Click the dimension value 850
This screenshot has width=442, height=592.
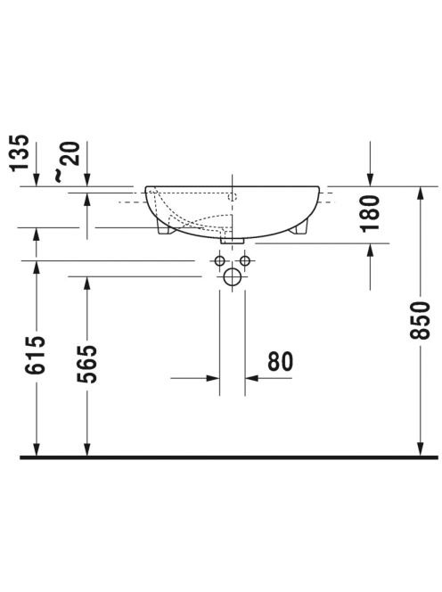point(420,320)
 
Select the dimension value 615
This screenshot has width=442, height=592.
point(36,355)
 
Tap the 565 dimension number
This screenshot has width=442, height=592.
point(87,364)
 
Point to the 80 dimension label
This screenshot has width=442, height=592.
point(280,362)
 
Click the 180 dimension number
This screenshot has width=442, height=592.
point(370,214)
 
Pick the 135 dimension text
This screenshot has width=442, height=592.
point(20,153)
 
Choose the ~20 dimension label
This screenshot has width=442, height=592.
point(67,161)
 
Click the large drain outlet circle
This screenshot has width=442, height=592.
point(232,277)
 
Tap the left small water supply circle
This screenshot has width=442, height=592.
point(220,260)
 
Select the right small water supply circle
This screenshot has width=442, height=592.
point(245,260)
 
